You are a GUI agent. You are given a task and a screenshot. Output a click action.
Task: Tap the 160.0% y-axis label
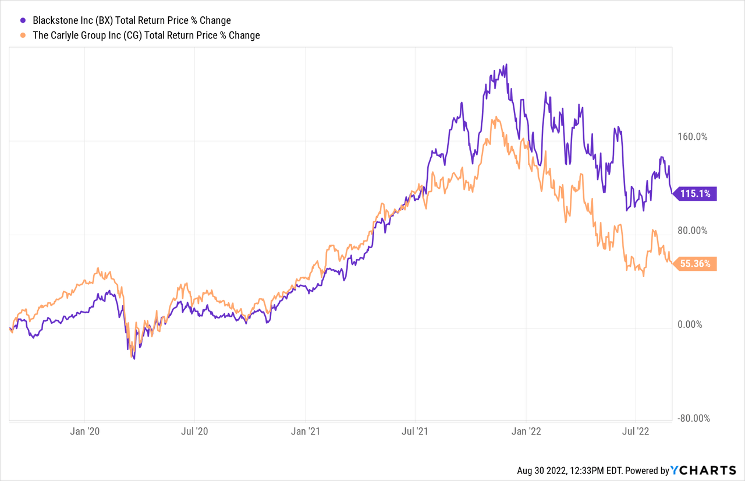coord(692,137)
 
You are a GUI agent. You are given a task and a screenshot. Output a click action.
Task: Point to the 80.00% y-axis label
coord(692,231)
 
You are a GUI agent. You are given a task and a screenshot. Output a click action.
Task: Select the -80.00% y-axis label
coord(692,418)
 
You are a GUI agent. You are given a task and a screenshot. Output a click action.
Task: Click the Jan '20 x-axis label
coord(85,432)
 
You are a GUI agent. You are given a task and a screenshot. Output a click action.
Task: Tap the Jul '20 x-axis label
coord(195,432)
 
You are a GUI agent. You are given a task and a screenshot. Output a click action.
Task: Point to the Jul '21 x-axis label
coord(415,432)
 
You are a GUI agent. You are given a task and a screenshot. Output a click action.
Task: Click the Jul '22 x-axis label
coord(636,432)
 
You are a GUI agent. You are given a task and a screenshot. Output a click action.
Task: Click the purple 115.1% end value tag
coord(695,194)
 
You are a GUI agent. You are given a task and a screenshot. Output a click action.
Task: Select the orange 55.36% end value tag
coord(695,264)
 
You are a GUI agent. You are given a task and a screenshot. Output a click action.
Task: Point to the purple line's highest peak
coord(506,65)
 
